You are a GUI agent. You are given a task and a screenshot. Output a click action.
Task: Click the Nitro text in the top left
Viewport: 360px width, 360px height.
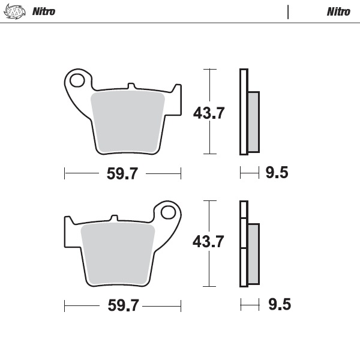coord(44,11)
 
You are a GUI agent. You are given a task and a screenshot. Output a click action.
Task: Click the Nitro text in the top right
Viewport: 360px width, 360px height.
coord(338,11)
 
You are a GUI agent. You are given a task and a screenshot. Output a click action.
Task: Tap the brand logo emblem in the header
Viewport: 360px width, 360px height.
coord(14,11)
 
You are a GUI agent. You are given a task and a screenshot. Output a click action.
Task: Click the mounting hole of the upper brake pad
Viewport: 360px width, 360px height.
coord(77,79)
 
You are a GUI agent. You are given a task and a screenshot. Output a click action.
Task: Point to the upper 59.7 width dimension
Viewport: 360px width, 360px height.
coord(122,174)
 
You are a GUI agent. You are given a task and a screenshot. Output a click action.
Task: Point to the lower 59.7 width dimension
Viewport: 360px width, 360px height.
coord(123,305)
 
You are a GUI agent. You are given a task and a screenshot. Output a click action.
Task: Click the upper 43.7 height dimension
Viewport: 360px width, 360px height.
coord(208,112)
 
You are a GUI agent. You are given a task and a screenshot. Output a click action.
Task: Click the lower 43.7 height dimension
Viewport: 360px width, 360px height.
coord(208,242)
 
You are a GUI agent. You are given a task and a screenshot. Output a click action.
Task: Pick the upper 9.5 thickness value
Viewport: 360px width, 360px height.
coord(277,173)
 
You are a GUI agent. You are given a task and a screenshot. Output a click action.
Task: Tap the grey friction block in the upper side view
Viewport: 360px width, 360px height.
coord(253,121)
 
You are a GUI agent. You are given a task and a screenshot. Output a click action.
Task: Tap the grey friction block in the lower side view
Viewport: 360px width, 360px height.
coord(253,253)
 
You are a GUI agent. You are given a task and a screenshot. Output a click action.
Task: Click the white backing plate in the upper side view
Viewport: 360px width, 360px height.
coord(243,112)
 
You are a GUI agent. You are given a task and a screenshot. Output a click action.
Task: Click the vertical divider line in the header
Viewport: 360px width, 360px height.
coord(288,11)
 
